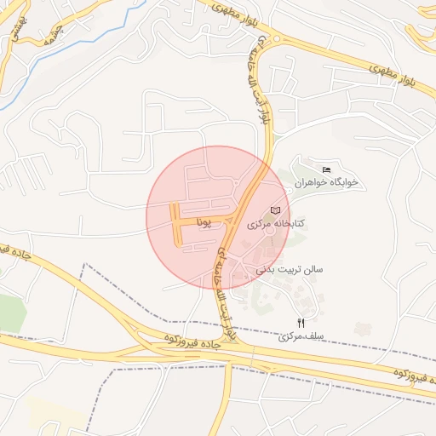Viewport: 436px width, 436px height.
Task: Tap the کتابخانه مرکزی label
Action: click(278, 223)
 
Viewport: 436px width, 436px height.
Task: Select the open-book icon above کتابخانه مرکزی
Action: click(275, 209)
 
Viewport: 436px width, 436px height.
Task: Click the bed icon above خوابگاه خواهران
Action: click(327, 169)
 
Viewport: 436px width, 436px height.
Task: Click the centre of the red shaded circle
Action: click(218, 218)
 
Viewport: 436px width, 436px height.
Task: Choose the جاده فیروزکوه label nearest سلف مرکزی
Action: click(410, 375)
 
